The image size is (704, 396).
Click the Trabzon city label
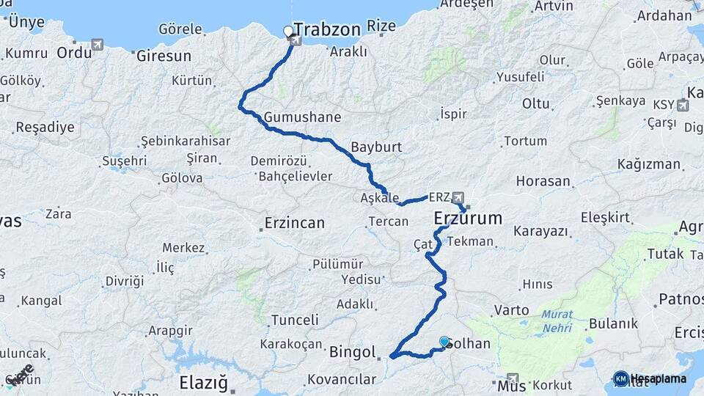point(329,30)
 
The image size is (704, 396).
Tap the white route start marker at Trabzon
point(288,32)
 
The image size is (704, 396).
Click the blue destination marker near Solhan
point(444,342)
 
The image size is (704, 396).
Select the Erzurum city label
point(468,218)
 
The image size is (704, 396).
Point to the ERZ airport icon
point(459,197)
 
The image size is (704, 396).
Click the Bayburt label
point(376,147)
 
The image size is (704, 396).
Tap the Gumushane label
point(302,117)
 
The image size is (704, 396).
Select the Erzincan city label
point(293,223)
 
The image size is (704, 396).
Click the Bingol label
point(353,352)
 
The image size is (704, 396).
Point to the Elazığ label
point(205,382)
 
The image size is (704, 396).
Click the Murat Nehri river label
point(557,321)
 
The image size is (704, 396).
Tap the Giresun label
point(164,56)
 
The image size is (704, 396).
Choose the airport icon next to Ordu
point(98,45)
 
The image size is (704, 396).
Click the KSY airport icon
point(683,105)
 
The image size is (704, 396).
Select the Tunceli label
point(295,320)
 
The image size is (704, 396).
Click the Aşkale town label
point(380,198)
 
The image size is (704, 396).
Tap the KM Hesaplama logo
point(650,378)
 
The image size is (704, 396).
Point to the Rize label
point(381,26)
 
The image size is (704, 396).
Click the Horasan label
point(543,181)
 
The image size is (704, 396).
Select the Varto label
point(511,310)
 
